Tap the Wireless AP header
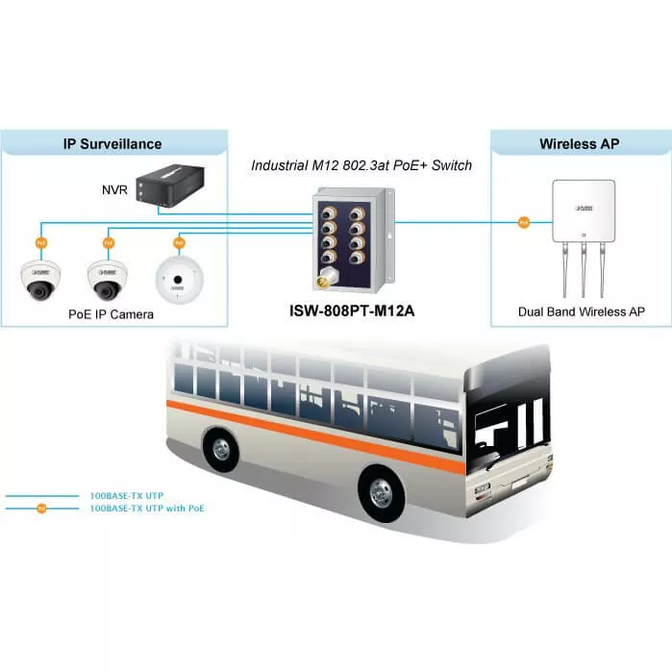pyautogui.click(x=580, y=144)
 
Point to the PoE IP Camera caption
pyautogui.click(x=111, y=314)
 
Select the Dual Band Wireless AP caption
pyautogui.click(x=581, y=311)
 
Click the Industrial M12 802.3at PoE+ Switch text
pyautogui.click(x=361, y=165)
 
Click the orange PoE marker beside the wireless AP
pyautogui.click(x=523, y=223)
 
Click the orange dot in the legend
pyautogui.click(x=41, y=508)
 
